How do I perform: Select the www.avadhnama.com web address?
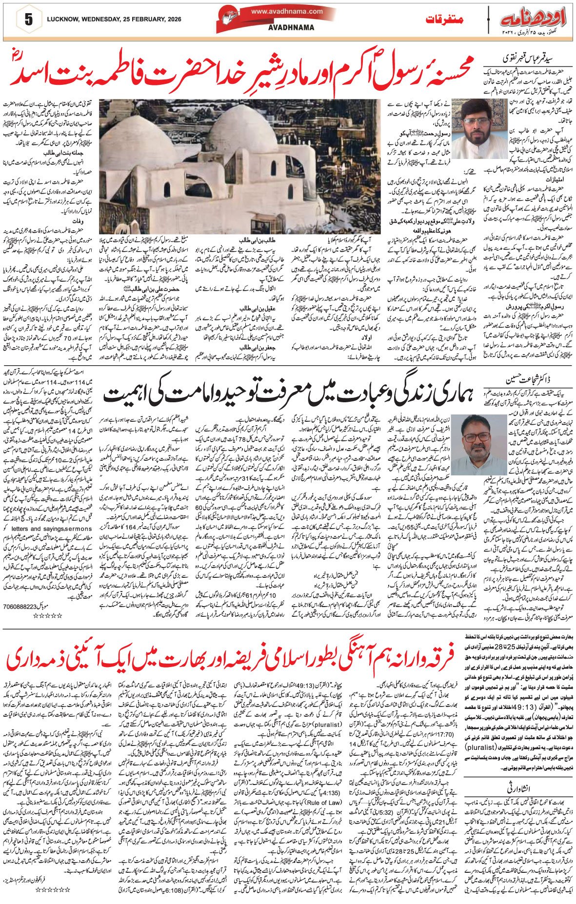pos(287,11)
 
